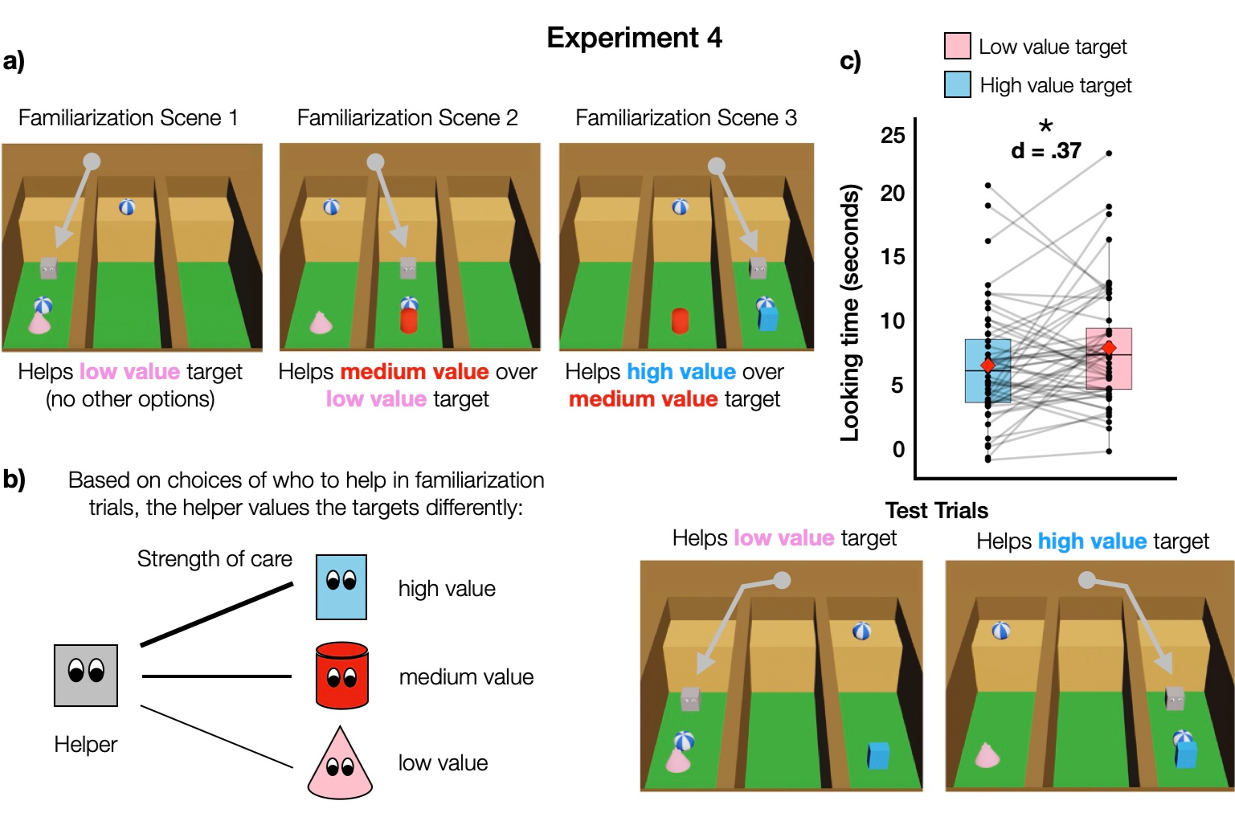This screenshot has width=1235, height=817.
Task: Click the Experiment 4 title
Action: [x=634, y=38]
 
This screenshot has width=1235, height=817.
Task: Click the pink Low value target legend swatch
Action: [x=957, y=46]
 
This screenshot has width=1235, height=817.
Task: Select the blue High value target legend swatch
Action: [x=957, y=84]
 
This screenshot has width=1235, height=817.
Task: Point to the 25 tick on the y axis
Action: [x=893, y=135]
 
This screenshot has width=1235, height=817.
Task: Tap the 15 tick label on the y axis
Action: [x=893, y=257]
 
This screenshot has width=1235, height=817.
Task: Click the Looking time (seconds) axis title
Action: [x=850, y=313]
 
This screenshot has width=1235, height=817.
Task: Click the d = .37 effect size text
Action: [x=1045, y=150]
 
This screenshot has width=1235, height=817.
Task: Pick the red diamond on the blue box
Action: [x=988, y=366]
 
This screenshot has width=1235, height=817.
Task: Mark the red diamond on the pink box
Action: [x=1109, y=348]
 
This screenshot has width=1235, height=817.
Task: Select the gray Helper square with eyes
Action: [x=86, y=675]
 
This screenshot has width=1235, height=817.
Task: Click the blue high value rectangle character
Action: [x=341, y=586]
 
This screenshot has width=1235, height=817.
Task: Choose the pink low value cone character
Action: [x=340, y=765]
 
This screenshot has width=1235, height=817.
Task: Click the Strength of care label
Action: [x=215, y=558]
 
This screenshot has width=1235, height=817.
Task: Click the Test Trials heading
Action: [x=936, y=510]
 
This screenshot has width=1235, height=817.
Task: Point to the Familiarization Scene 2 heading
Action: [x=407, y=118]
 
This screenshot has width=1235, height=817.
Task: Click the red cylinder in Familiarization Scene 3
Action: [x=681, y=321]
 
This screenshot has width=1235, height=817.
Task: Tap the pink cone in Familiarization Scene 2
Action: [x=321, y=323]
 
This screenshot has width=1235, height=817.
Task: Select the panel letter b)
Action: [x=14, y=479]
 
